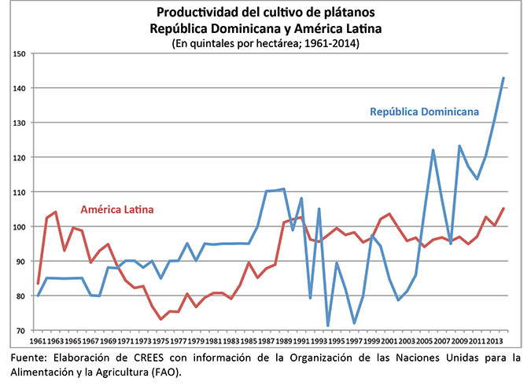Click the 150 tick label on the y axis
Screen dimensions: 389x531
pos(19,53)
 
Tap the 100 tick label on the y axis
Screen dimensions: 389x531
pos(19,227)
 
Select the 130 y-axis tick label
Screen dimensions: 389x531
pos(19,123)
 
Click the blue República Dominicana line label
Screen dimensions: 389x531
pos(424,112)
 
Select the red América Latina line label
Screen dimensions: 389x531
pos(116,210)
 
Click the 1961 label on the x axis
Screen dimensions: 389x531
pos(38,343)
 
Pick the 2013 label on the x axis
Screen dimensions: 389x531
pos(496,343)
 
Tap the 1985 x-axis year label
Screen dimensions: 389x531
pos(248,343)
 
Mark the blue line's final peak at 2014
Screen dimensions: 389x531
pos(503,78)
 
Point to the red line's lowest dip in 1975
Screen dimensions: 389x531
pos(160,319)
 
